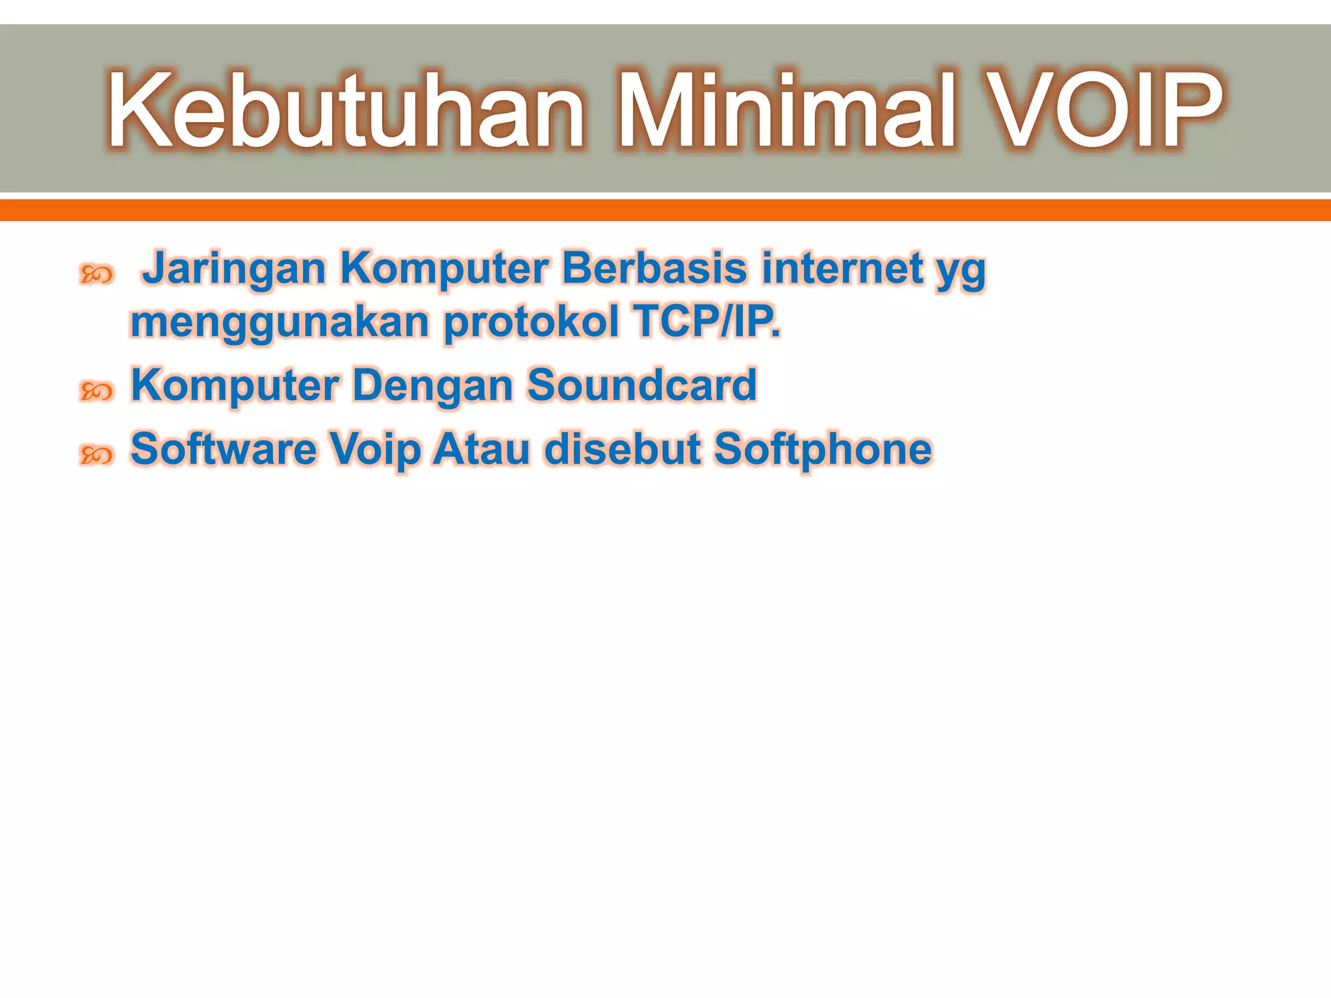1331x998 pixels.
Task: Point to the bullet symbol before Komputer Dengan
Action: coord(96,391)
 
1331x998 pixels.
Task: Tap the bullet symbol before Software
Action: coord(96,455)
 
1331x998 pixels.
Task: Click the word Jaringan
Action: coord(234,269)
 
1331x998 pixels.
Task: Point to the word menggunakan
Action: coord(279,324)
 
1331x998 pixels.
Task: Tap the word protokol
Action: coord(531,322)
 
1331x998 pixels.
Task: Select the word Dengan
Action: coord(433,386)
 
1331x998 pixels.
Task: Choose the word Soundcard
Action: coord(641,385)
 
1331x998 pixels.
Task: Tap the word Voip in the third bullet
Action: coord(375,450)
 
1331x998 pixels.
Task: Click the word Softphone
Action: coord(823,450)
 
